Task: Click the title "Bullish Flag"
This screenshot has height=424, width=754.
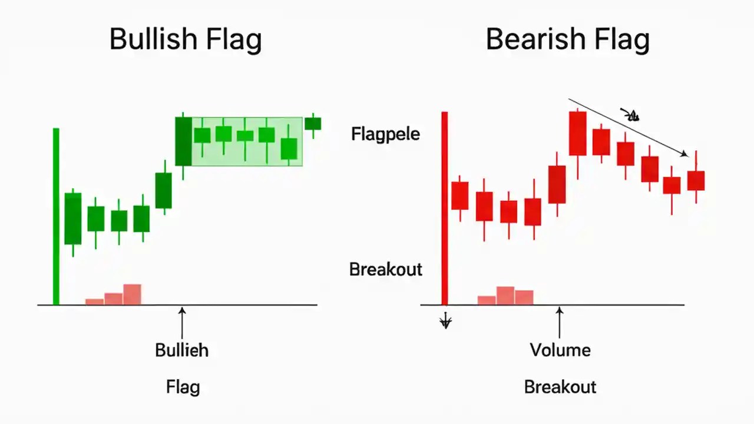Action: point(186,40)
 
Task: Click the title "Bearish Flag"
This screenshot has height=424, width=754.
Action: point(567,40)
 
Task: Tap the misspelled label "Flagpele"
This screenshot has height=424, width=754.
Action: point(385,134)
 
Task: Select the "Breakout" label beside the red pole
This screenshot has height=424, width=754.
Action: point(386,269)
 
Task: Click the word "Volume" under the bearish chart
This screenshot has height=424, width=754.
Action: point(560,350)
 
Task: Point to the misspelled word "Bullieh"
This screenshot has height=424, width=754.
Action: point(181,350)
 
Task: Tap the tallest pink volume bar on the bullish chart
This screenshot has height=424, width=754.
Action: point(132,294)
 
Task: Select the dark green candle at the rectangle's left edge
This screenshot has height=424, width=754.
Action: point(183,141)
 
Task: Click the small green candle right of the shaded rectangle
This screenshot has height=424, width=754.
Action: point(313,124)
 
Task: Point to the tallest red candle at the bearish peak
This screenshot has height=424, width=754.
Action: point(577,133)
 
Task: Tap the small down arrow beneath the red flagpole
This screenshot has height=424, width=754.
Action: point(446,321)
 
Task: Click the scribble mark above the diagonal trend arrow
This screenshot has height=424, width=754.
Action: point(631,115)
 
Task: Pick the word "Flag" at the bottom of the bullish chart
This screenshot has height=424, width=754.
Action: point(183,387)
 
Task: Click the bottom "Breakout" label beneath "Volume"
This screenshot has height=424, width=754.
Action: point(560,387)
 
